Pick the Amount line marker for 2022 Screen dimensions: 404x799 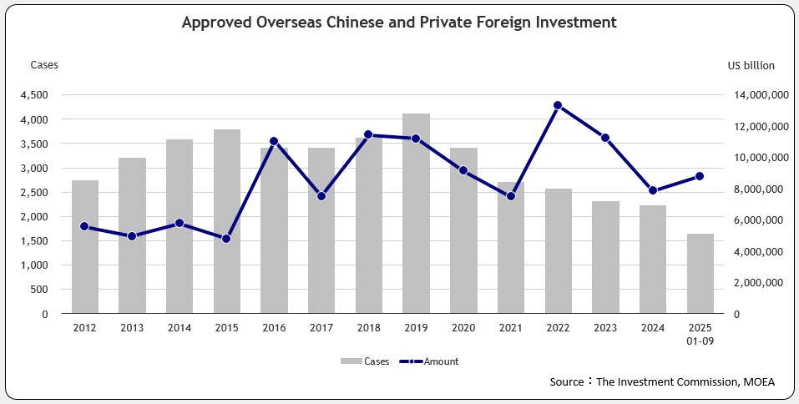pyautogui.click(x=558, y=105)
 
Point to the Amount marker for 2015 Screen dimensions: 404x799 pyautogui.click(x=226, y=239)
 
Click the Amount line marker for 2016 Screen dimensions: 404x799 pyautogui.click(x=274, y=141)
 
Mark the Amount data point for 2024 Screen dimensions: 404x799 pyautogui.click(x=652, y=190)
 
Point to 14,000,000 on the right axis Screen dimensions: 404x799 pyautogui.click(x=756, y=95)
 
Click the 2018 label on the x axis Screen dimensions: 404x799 pyautogui.click(x=368, y=329)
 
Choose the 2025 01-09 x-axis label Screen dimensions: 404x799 pyautogui.click(x=700, y=335)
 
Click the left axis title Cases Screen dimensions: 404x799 pyautogui.click(x=44, y=65)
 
